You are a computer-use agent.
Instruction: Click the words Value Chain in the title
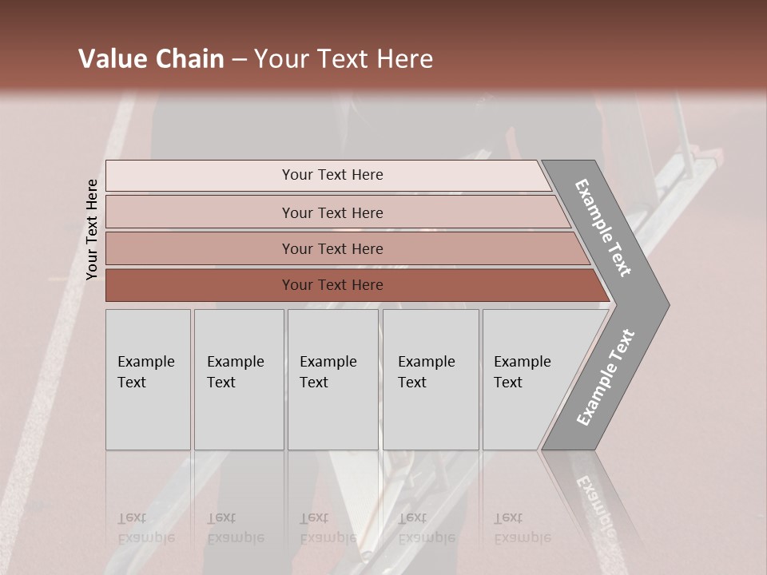coord(151,59)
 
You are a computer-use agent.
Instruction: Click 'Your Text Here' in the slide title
coord(344,59)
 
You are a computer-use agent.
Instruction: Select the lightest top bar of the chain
coord(200,176)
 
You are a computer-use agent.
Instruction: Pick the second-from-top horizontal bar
coord(200,212)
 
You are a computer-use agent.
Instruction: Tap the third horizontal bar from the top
coord(200,248)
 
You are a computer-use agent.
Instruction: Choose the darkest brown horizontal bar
coord(200,285)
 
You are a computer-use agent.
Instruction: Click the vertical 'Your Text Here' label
coord(92,230)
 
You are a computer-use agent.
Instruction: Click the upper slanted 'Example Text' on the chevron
coord(603,228)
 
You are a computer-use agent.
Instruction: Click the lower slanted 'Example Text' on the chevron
coord(605,378)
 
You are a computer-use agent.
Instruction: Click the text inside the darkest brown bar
coord(332,285)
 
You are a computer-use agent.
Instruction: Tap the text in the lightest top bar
coord(332,175)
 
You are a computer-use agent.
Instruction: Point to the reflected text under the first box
coord(145,528)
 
